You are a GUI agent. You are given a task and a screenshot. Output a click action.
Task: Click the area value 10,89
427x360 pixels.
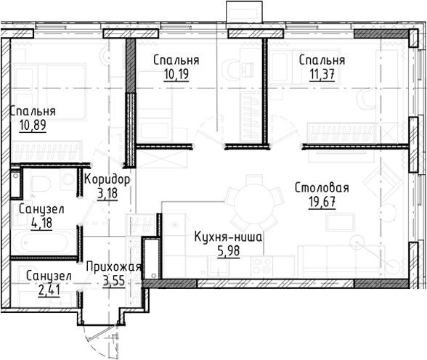coord(33,125)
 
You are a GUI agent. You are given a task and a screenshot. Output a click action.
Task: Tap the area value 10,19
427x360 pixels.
coord(176,74)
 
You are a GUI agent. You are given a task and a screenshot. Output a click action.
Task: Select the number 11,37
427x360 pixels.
coord(322,74)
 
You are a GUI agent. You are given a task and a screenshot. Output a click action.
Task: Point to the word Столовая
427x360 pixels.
coord(322,188)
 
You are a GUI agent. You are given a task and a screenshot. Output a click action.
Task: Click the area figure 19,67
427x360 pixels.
coord(322,202)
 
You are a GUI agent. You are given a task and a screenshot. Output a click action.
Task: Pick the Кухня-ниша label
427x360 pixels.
coord(228,237)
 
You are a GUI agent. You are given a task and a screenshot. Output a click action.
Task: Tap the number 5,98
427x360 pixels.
coord(229,251)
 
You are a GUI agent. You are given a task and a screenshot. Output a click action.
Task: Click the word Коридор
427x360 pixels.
coord(107,180)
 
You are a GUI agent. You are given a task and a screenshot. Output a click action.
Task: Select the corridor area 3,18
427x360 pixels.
coord(107,194)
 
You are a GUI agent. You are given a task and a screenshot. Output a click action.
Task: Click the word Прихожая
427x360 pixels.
coord(114,267)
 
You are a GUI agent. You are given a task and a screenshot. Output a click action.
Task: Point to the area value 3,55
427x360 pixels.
coord(114,281)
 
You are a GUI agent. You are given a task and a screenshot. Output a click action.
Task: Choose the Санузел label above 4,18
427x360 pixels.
coord(41,209)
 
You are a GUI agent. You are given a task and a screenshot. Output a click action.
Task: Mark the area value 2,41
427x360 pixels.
coord(49,290)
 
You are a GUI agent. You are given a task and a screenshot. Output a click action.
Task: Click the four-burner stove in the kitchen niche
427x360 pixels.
coord(262,266)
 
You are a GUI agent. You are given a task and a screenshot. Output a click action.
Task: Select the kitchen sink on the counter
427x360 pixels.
coord(218,266)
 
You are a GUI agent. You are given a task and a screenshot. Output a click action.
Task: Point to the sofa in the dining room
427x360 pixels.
coord(341,261)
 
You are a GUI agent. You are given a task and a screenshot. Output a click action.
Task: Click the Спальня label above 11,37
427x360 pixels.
coord(322,60)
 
